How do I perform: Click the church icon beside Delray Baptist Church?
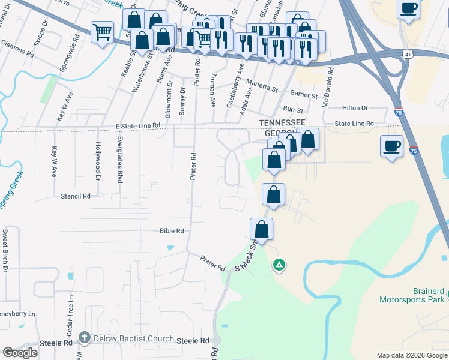point(86,338)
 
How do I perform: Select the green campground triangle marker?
point(279,264)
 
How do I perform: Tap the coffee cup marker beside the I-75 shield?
point(391,146)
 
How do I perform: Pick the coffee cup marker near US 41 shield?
point(409,9)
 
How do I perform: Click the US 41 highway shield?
point(408,55)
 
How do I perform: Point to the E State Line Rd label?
point(130,125)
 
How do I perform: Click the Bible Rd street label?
point(172,230)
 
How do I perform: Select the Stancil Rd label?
point(75,196)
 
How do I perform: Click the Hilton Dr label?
point(354,108)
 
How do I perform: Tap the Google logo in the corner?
point(20,353)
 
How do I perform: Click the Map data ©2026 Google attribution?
point(411,355)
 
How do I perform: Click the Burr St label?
point(293,110)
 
